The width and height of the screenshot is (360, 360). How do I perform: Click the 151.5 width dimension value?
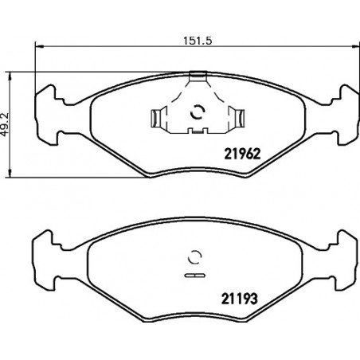198,41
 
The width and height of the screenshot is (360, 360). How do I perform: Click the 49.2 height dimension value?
5,125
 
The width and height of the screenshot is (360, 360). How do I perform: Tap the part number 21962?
242,154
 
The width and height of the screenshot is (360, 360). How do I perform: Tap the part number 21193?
240,299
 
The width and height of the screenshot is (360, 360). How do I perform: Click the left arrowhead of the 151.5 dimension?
39,47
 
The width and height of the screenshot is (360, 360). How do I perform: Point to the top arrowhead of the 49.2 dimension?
10,76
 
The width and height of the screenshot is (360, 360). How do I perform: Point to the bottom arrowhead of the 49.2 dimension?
10,174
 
